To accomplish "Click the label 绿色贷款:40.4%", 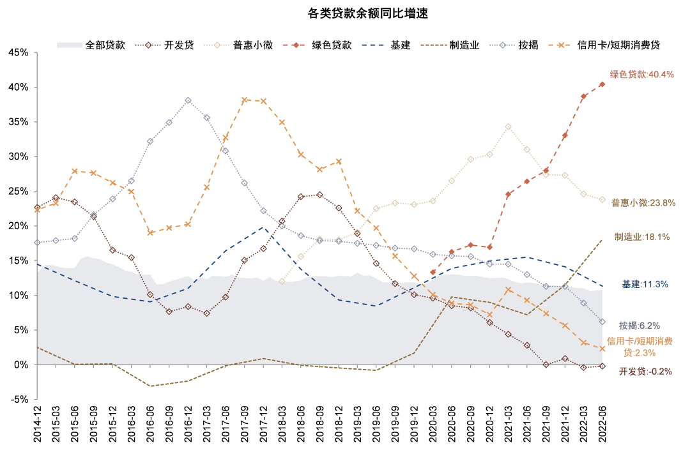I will coord(642,75).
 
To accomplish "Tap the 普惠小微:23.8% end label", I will coord(643,203).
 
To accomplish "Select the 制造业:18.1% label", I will coord(642,237).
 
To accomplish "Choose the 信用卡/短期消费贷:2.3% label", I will coord(640,347).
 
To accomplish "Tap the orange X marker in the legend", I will coord(562,45).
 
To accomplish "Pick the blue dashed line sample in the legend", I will coord(374,45).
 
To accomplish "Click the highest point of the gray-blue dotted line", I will coord(188,100).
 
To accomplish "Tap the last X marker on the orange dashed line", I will coord(602,349).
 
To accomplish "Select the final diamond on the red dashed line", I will coord(602,84).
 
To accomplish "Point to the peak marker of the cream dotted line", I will coord(508,126).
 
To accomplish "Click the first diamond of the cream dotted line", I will coord(282,281).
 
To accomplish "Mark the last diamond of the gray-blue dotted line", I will coord(602,322).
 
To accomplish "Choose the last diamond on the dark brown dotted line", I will coord(602,366).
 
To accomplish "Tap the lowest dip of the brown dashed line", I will coord(150,386).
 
